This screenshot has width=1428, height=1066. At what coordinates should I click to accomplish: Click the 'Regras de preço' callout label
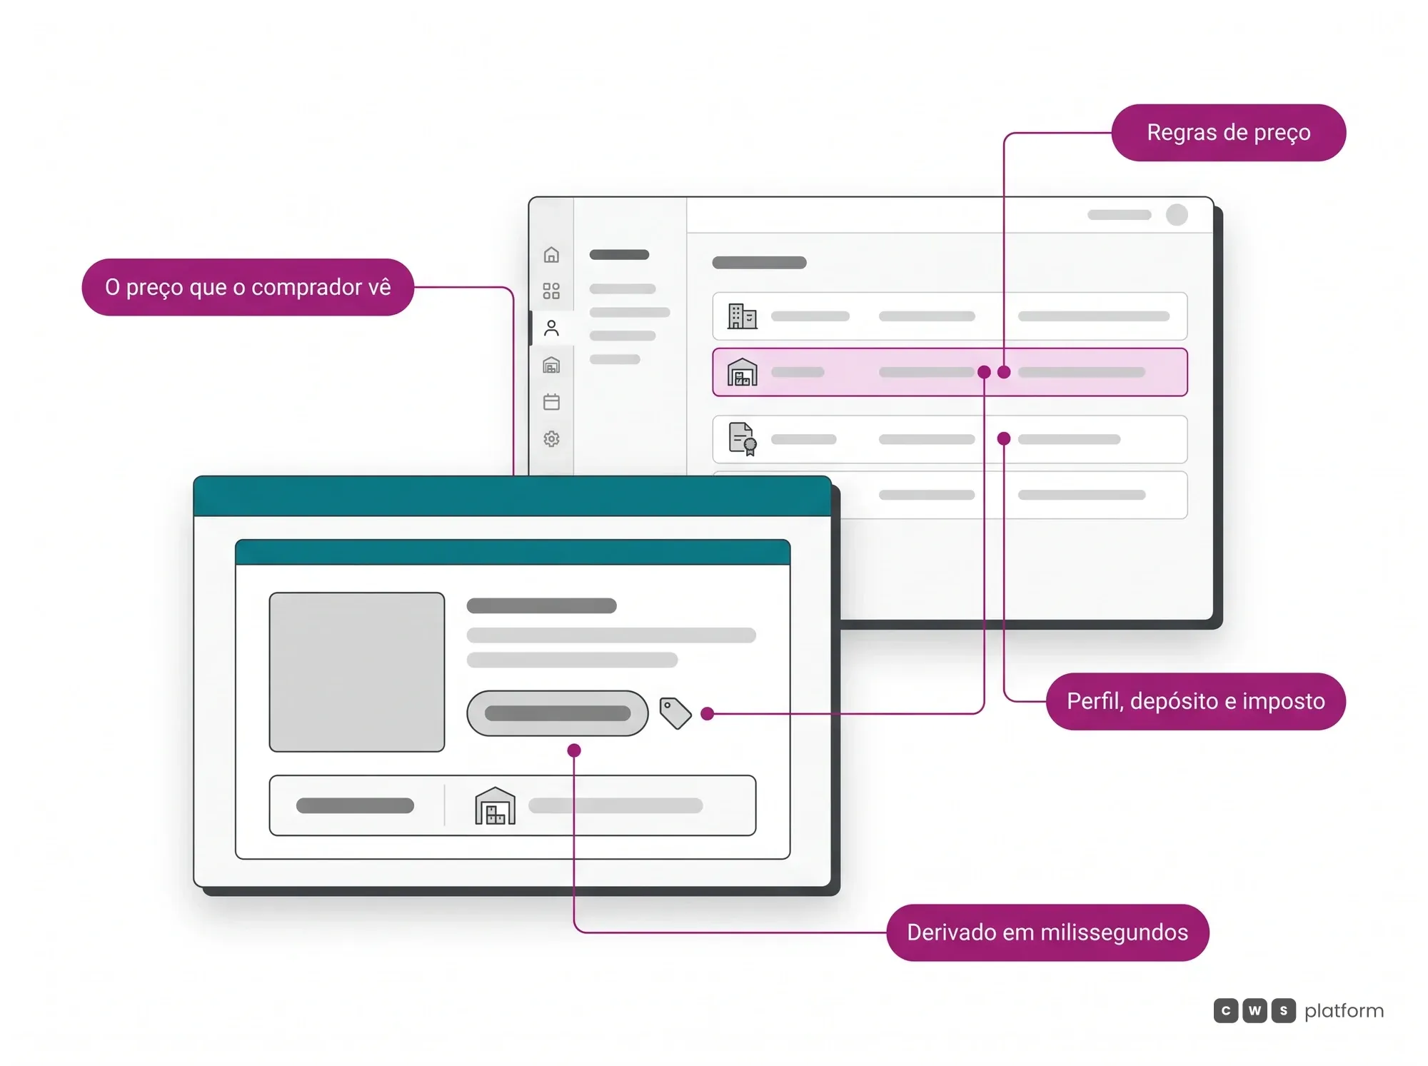tap(1228, 133)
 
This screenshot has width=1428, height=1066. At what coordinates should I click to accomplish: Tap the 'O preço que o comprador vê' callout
tap(248, 287)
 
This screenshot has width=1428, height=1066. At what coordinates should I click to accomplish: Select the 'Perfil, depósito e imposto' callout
tap(1196, 701)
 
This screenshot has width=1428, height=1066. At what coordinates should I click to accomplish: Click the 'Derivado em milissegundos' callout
tap(1047, 932)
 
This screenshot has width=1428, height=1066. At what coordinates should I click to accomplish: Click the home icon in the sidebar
tap(551, 255)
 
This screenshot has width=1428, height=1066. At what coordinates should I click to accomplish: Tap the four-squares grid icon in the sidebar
tap(551, 291)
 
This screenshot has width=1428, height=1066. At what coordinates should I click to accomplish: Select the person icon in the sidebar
tap(551, 328)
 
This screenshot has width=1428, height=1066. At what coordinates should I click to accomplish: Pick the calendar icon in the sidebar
tap(551, 402)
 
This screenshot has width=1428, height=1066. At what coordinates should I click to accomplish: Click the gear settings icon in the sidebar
tap(551, 438)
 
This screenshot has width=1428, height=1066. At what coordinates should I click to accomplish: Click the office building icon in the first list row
tap(742, 316)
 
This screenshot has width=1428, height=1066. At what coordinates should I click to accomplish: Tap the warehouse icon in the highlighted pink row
tap(742, 372)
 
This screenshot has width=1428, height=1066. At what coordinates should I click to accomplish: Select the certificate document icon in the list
tap(743, 439)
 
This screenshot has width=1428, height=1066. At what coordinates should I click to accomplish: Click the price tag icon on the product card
tap(675, 713)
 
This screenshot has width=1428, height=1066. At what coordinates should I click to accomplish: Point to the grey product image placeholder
tap(357, 672)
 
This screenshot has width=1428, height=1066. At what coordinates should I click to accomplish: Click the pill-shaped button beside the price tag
tap(558, 713)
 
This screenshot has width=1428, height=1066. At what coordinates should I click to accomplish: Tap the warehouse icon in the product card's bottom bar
tap(495, 805)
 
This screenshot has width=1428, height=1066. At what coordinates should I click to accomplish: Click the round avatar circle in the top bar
tap(1177, 215)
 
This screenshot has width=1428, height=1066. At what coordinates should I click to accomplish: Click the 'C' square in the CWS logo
tap(1226, 1011)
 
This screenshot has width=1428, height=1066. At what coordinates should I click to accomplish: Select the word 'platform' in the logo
tap(1344, 1011)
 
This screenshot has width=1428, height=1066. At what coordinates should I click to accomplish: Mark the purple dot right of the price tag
tap(708, 713)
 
